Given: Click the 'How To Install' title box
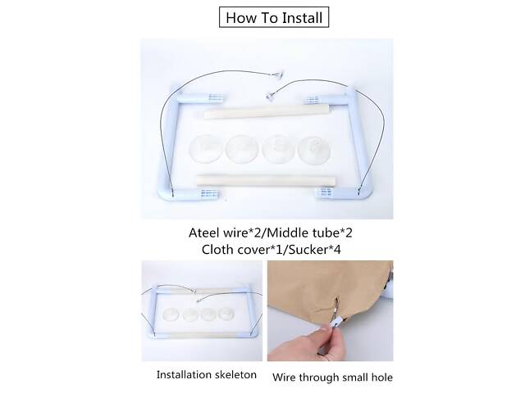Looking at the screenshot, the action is tap(274, 17).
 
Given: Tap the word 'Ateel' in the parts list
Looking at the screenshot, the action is tap(204, 233).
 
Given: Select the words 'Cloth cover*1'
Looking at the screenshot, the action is tap(241, 250).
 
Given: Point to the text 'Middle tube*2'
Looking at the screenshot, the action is tap(310, 233).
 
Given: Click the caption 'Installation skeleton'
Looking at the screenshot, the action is tap(207, 375).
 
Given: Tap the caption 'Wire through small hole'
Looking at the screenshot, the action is tap(332, 377).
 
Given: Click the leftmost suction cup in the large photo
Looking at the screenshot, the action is tap(206, 149).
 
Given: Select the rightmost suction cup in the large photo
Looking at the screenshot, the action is tap(314, 149).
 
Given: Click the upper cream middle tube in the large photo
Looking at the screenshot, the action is tap(266, 111).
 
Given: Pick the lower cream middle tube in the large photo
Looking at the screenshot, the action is tap(266, 181).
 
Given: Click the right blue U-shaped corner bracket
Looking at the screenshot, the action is tap(355, 144).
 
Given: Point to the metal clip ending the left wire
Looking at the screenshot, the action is tap(277, 75).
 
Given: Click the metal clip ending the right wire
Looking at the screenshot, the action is tap(270, 97).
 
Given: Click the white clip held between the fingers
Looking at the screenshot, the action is tap(336, 322).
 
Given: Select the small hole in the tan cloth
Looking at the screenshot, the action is tap(338, 298).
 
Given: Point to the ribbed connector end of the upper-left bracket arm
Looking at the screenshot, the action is tap(215, 98).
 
